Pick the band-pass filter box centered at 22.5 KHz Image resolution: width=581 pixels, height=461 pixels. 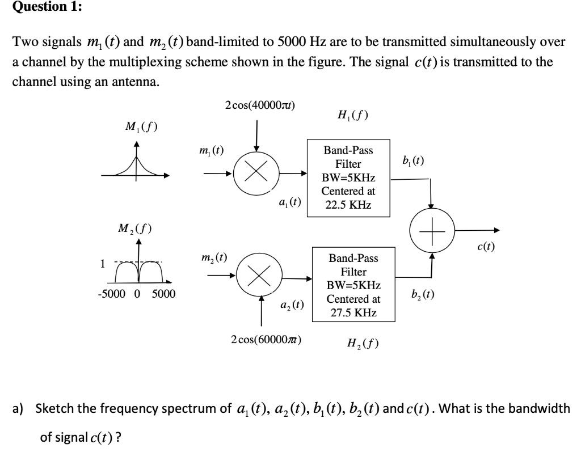point(349,177)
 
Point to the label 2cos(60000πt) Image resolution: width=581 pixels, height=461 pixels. point(267,340)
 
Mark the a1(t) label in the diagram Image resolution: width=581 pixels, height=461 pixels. point(289,202)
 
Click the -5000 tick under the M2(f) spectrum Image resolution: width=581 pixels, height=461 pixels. point(111,294)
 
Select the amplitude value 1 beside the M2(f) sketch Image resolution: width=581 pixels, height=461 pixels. point(102,264)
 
